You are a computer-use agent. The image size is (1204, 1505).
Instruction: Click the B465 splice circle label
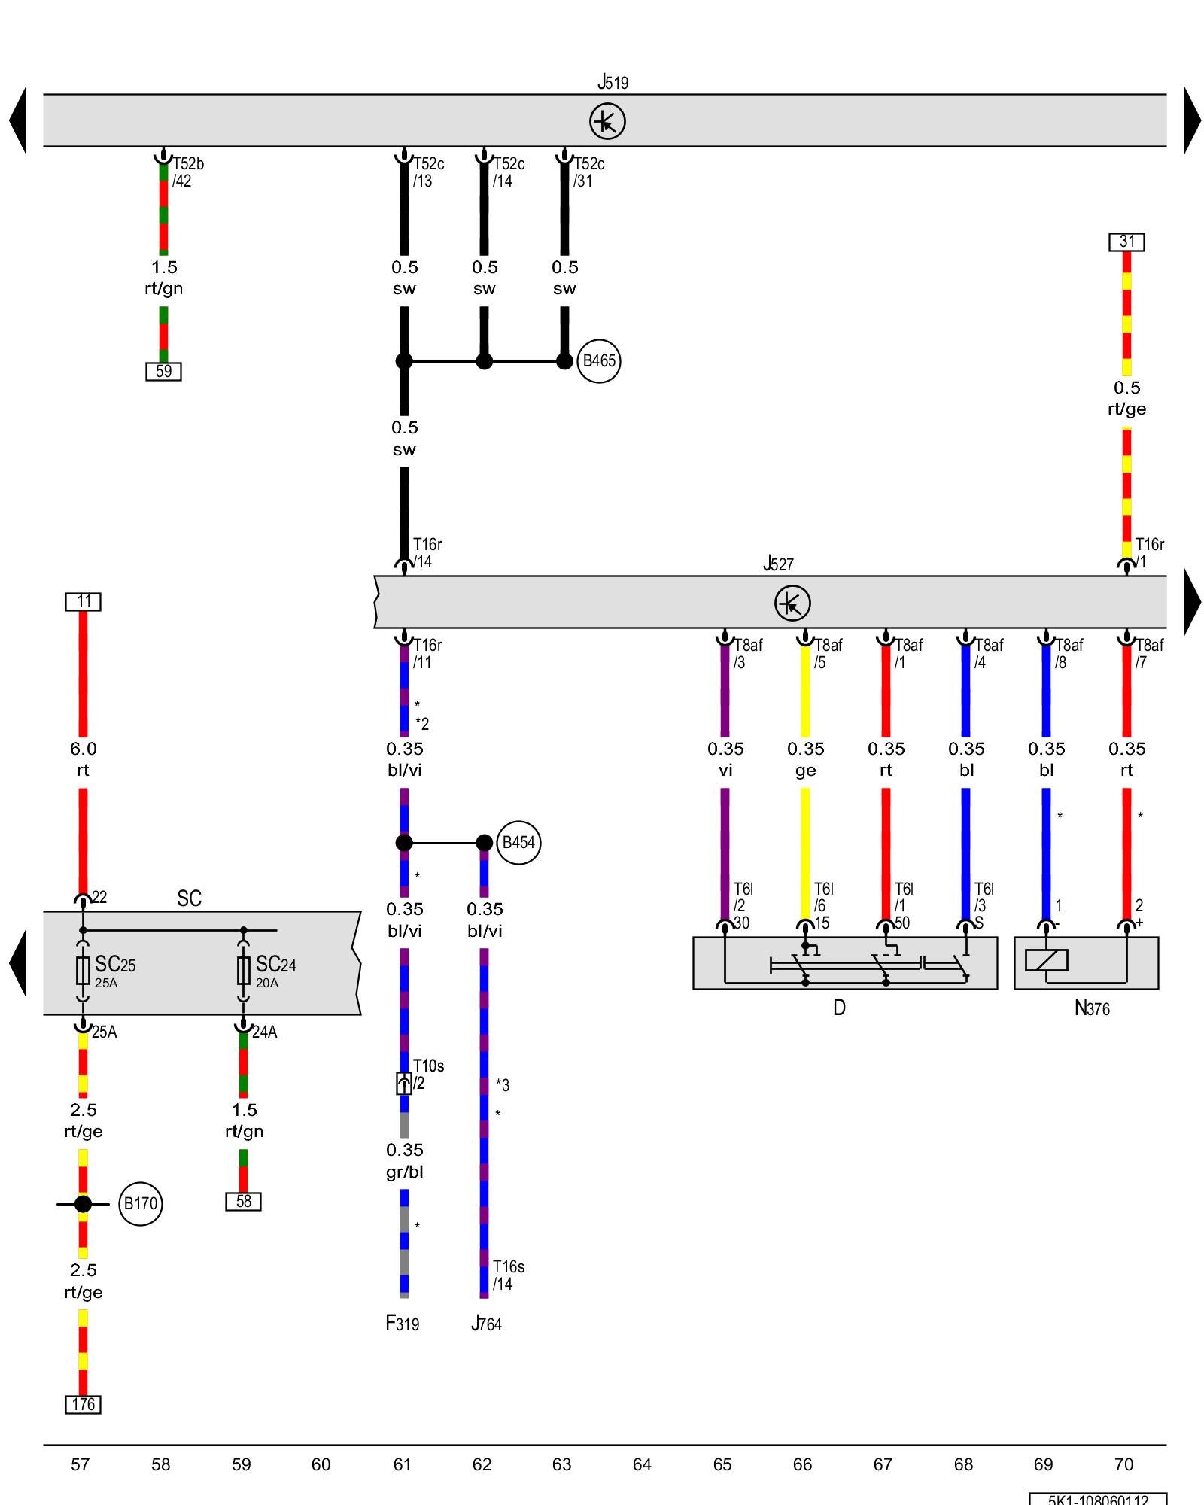pos(599,361)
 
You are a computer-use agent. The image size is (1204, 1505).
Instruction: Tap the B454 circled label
pos(518,843)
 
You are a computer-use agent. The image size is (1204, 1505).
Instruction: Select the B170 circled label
pos(141,1204)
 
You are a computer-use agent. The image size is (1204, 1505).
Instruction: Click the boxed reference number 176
pos(83,1404)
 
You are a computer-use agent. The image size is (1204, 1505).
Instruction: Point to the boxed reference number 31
pos(1126,242)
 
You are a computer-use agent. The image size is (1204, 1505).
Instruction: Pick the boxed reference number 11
pos(83,601)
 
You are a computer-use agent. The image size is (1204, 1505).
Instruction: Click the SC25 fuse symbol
pos(83,971)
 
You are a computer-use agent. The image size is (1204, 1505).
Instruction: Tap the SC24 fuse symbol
pos(243,971)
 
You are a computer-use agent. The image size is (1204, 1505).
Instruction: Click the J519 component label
pos(613,82)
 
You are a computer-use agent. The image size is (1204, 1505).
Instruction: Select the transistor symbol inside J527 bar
pos(792,603)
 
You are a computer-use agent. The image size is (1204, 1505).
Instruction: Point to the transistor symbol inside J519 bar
pos(607,121)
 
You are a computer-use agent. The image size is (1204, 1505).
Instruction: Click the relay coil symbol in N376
pos(1046,960)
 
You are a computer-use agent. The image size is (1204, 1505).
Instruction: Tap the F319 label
pos(403,1324)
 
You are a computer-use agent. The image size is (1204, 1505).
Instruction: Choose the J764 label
pos(486,1324)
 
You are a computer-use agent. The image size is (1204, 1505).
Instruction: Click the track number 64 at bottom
pos(642,1464)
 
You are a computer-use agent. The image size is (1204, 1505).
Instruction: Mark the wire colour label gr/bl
pos(405,1172)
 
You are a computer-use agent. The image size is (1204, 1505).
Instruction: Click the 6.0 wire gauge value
pos(83,749)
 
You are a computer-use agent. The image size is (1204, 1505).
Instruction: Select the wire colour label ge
pos(805,771)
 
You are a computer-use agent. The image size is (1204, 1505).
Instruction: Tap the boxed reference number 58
pos(243,1202)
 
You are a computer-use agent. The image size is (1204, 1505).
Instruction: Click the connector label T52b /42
pos(187,172)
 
